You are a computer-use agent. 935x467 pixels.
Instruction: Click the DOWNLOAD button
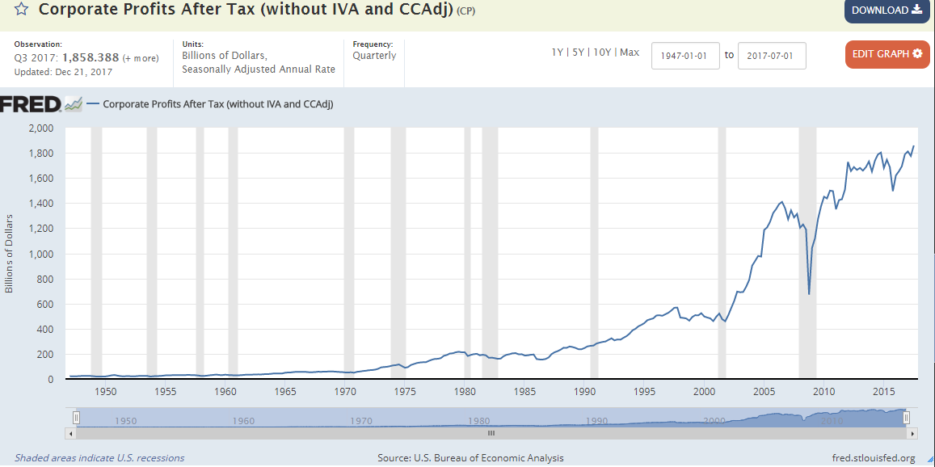pos(887,11)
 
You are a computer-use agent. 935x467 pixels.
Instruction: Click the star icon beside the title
pos(22,11)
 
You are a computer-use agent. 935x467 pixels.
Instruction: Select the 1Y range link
pos(558,53)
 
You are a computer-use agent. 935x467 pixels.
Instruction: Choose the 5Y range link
pos(579,53)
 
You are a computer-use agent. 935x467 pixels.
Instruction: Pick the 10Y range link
pos(602,53)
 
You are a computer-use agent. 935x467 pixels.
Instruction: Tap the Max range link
pos(630,53)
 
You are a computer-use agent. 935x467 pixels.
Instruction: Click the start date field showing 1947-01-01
pos(684,56)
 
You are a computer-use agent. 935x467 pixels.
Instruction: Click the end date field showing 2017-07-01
pos(772,56)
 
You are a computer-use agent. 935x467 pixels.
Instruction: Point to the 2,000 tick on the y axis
pos(40,128)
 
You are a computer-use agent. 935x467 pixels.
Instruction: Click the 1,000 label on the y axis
pos(40,254)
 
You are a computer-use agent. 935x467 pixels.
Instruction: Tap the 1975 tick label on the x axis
pos(405,392)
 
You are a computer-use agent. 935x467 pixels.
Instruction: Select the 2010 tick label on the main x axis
pos(823,392)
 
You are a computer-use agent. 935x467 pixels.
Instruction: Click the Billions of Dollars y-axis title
pos(10,254)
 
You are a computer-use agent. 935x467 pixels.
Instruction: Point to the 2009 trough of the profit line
pos(809,293)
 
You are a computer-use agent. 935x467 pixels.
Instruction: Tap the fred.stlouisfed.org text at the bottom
pos(873,458)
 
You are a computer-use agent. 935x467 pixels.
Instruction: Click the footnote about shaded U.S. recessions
pos(99,458)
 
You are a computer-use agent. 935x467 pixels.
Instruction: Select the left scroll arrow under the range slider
pos(71,433)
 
